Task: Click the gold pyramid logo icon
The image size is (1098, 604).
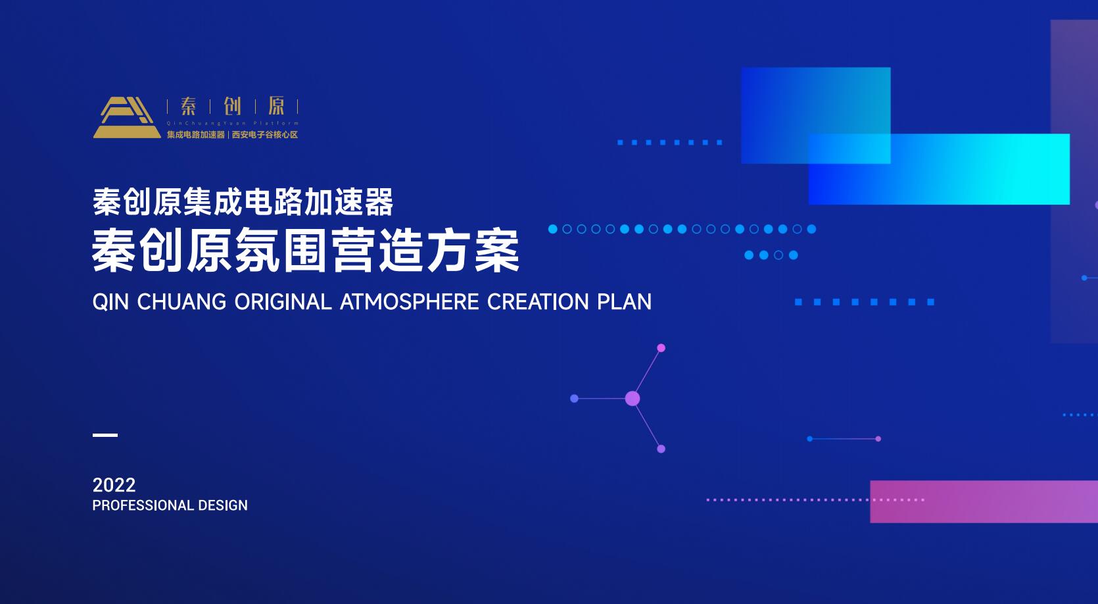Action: point(126,117)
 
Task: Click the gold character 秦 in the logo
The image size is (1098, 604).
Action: point(188,106)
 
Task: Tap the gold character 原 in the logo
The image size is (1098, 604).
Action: point(276,106)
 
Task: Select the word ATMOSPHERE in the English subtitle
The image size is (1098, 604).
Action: point(409,302)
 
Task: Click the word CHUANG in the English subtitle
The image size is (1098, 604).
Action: point(181,302)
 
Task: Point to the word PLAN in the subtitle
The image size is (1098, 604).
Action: point(624,302)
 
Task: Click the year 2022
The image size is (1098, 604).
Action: point(114,486)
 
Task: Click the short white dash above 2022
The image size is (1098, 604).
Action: point(105,435)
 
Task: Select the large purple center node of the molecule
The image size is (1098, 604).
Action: point(633,399)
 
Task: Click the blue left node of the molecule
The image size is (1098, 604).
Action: point(575,399)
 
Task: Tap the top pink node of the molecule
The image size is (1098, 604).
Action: point(661,348)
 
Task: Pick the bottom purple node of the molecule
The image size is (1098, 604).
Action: point(661,449)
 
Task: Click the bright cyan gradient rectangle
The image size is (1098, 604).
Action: point(939,169)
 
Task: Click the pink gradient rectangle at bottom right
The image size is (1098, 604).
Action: point(984,501)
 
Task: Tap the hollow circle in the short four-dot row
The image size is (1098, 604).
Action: point(778,255)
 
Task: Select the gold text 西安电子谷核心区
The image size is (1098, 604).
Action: point(265,134)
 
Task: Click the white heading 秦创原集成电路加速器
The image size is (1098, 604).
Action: point(243,201)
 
